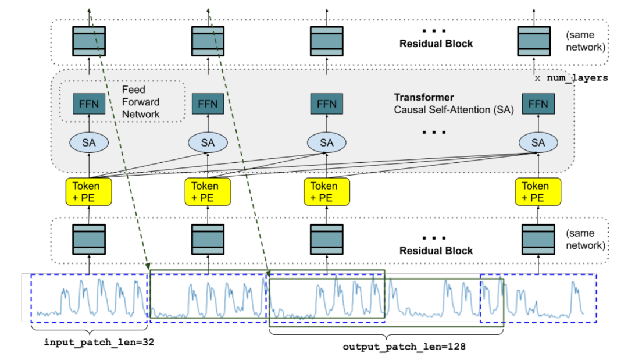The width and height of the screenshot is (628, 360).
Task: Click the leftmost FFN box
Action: tap(89, 105)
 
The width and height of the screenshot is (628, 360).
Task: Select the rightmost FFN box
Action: tap(538, 105)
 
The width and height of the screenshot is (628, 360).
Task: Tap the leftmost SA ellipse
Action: tap(89, 142)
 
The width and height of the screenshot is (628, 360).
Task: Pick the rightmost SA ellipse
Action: tap(538, 142)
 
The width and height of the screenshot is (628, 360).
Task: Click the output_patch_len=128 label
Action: tap(404, 347)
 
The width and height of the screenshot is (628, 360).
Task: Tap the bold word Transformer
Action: tap(423, 97)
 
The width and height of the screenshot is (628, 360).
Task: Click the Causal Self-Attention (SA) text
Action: tap(454, 109)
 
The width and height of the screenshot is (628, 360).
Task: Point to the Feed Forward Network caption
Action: tap(140, 102)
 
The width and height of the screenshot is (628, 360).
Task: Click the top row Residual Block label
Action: tap(436, 44)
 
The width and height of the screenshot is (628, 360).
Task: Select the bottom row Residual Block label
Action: tap(436, 251)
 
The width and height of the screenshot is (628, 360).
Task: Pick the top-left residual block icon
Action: tap(89, 40)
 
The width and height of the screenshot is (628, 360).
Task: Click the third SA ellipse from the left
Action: tap(327, 142)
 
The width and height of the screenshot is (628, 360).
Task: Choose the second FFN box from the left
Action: tap(208, 105)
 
